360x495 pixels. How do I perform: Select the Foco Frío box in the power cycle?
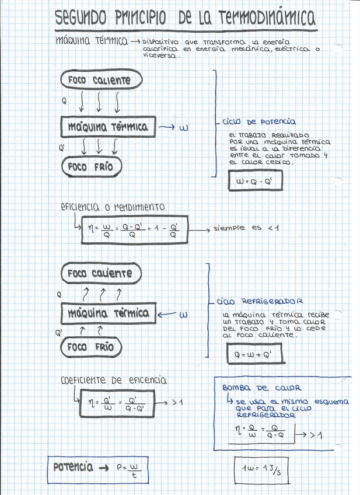[x=90, y=168]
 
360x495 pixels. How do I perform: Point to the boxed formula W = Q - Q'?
[x=254, y=182]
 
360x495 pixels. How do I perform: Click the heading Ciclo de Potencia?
[x=258, y=122]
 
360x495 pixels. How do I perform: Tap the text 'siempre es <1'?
[x=246, y=228]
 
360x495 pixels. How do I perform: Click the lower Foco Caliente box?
[x=100, y=273]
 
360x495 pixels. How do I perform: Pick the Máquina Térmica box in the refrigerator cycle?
[x=109, y=314]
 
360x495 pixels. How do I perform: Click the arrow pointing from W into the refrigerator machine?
[x=167, y=314]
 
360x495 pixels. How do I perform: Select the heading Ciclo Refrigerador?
[x=260, y=302]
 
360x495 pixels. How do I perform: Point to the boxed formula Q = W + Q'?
[x=253, y=354]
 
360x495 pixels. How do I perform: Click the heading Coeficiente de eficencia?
[x=114, y=381]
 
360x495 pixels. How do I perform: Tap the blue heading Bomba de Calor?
[x=261, y=388]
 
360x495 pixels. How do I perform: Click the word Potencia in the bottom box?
[x=73, y=467]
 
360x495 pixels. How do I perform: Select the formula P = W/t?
[x=129, y=469]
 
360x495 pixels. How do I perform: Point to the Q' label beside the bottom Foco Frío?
[x=58, y=333]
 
